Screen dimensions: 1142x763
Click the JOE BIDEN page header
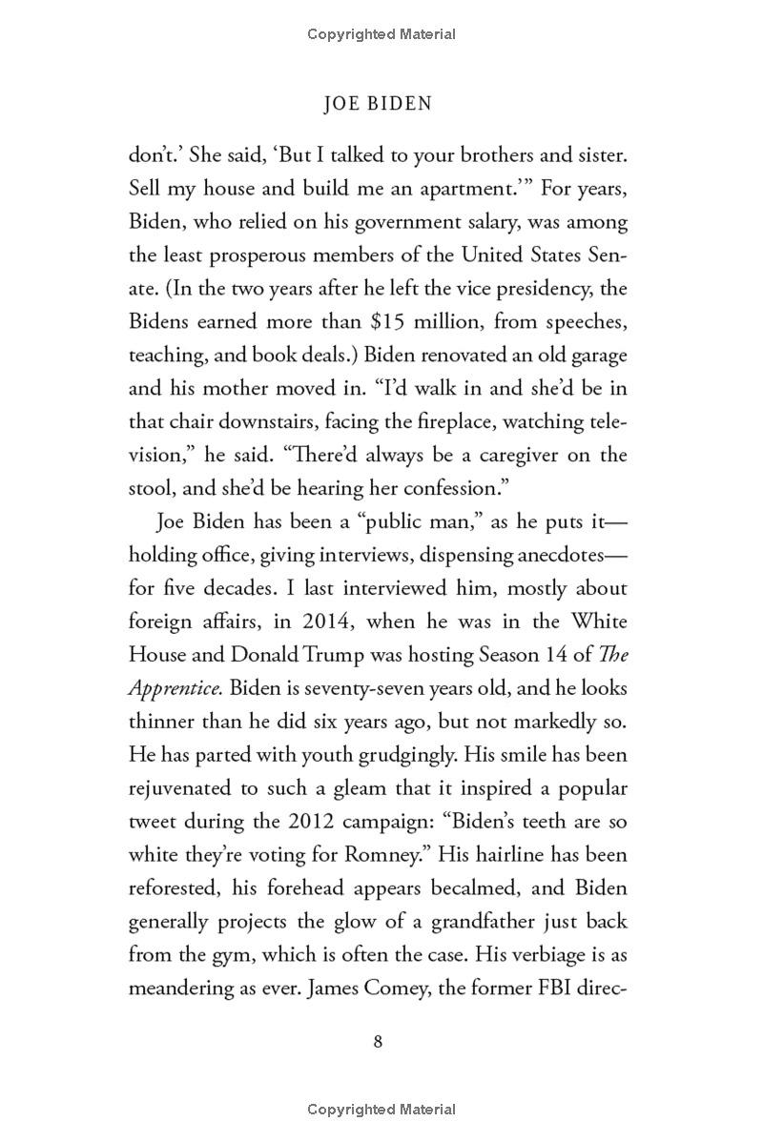click(378, 103)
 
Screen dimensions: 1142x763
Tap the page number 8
click(379, 1041)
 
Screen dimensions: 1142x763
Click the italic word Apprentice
click(175, 688)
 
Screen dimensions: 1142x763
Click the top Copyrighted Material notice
click(381, 34)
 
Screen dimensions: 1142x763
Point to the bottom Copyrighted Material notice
click(381, 1109)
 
